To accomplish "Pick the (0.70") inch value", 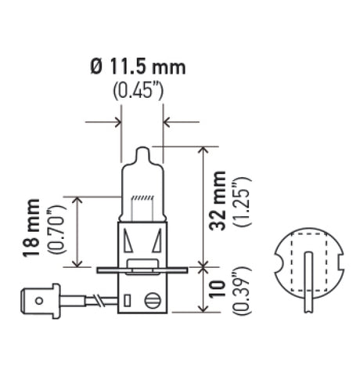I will coord(54,232).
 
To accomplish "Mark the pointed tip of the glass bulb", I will coord(142,148).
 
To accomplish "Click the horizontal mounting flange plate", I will coord(142,271).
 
